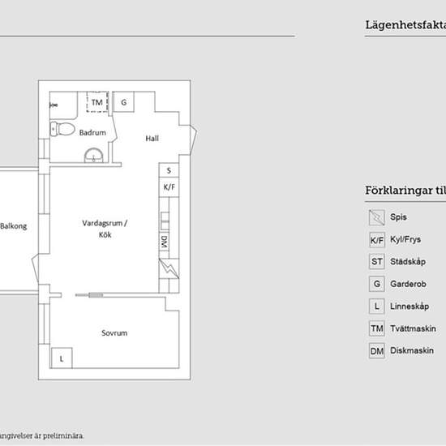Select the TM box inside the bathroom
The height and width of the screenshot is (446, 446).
(x=96, y=103)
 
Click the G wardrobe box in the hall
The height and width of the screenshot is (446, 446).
(x=123, y=103)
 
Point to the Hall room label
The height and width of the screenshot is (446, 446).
(x=152, y=139)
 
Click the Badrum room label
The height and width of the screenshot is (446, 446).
(x=92, y=132)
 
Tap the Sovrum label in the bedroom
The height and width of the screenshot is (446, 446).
(x=114, y=333)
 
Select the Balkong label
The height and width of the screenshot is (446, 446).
(x=13, y=226)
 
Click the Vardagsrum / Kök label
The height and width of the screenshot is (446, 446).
(x=105, y=229)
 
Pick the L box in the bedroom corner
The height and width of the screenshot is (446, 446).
(x=61, y=358)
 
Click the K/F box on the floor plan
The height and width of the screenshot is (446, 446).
(x=169, y=187)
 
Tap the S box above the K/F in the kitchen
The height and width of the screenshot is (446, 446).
(x=169, y=171)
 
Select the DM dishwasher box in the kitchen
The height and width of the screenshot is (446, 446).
(x=164, y=242)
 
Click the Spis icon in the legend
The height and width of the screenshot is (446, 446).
(x=376, y=217)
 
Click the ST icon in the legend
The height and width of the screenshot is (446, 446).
(x=376, y=262)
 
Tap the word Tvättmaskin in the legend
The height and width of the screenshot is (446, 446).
(x=414, y=328)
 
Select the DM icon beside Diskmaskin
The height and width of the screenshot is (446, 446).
(x=376, y=351)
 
